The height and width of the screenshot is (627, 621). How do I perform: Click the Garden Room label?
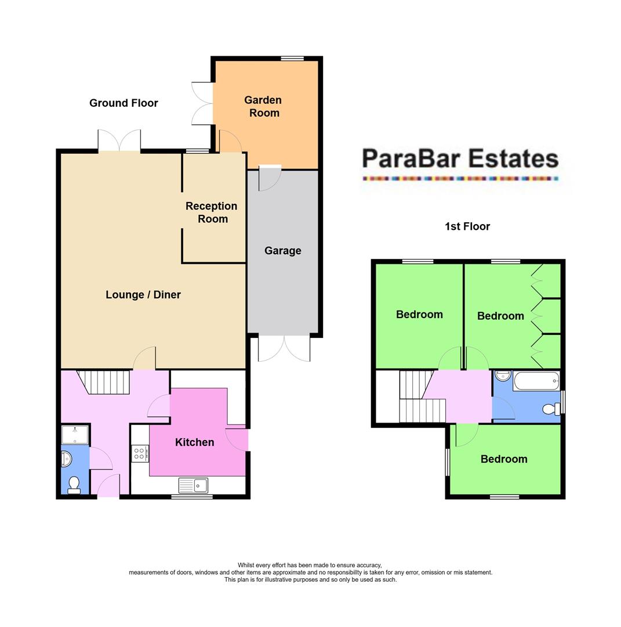pos(264,106)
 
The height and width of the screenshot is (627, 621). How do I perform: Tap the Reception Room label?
pos(211,212)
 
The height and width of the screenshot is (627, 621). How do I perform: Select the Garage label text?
pos(282,251)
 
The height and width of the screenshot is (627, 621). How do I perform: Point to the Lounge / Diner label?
pos(143,295)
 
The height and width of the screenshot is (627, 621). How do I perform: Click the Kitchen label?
pos(194,442)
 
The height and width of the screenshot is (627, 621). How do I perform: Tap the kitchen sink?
pos(193,485)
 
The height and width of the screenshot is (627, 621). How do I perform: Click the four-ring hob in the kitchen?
pos(139,453)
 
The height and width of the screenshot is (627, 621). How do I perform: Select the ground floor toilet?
pos(74,485)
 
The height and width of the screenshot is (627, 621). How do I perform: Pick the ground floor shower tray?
pos(75,434)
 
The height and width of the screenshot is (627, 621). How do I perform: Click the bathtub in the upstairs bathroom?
pos(536,381)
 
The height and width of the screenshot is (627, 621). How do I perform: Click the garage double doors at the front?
pos(284,348)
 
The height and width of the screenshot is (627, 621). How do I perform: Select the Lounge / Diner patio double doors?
pos(119,141)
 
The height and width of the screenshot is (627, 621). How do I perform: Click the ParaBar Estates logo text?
pos(460,158)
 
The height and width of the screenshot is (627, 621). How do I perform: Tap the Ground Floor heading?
pos(124,103)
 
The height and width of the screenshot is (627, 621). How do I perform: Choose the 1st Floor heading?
pos(467,226)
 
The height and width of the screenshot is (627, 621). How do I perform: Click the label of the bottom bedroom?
pos(503,459)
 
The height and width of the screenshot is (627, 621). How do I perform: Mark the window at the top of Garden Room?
pos(292,58)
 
